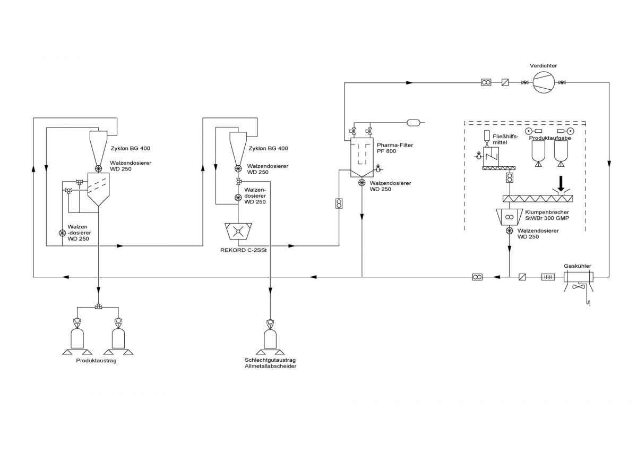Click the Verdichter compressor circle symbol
click(x=544, y=82)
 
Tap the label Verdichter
click(x=543, y=65)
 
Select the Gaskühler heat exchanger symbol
click(x=578, y=277)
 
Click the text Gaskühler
click(x=578, y=266)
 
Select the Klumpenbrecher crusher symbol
click(x=509, y=217)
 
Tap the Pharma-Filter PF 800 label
click(x=394, y=148)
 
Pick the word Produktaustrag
click(x=96, y=361)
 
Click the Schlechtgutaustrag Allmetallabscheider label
click(x=270, y=363)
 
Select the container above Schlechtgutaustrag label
click(x=270, y=338)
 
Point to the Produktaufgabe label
click(x=550, y=138)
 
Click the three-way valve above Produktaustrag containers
click(x=99, y=307)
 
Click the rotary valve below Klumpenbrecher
click(x=509, y=230)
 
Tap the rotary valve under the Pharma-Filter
click(x=361, y=183)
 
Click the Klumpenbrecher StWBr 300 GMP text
click(x=547, y=215)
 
